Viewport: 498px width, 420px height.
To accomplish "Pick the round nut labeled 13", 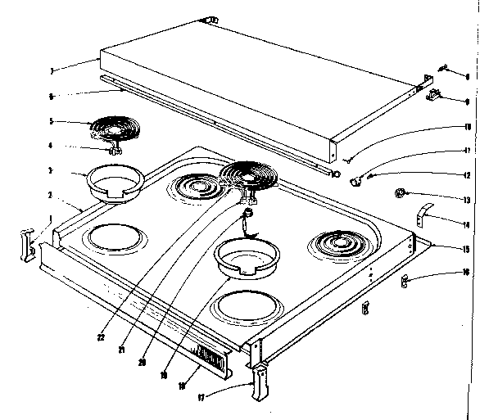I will pos(401,194).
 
